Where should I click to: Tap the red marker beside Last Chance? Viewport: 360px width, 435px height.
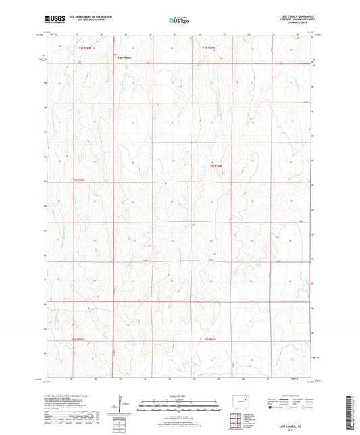point(115,55)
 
